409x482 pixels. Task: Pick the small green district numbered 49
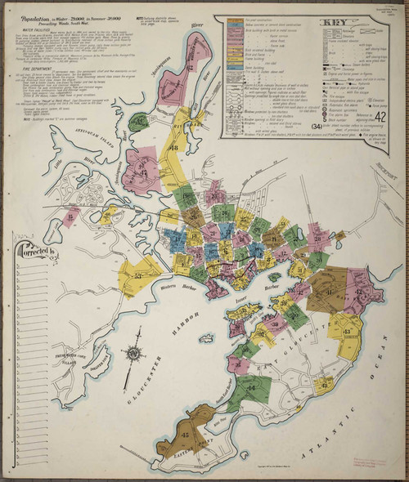click(x=140, y=123)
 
